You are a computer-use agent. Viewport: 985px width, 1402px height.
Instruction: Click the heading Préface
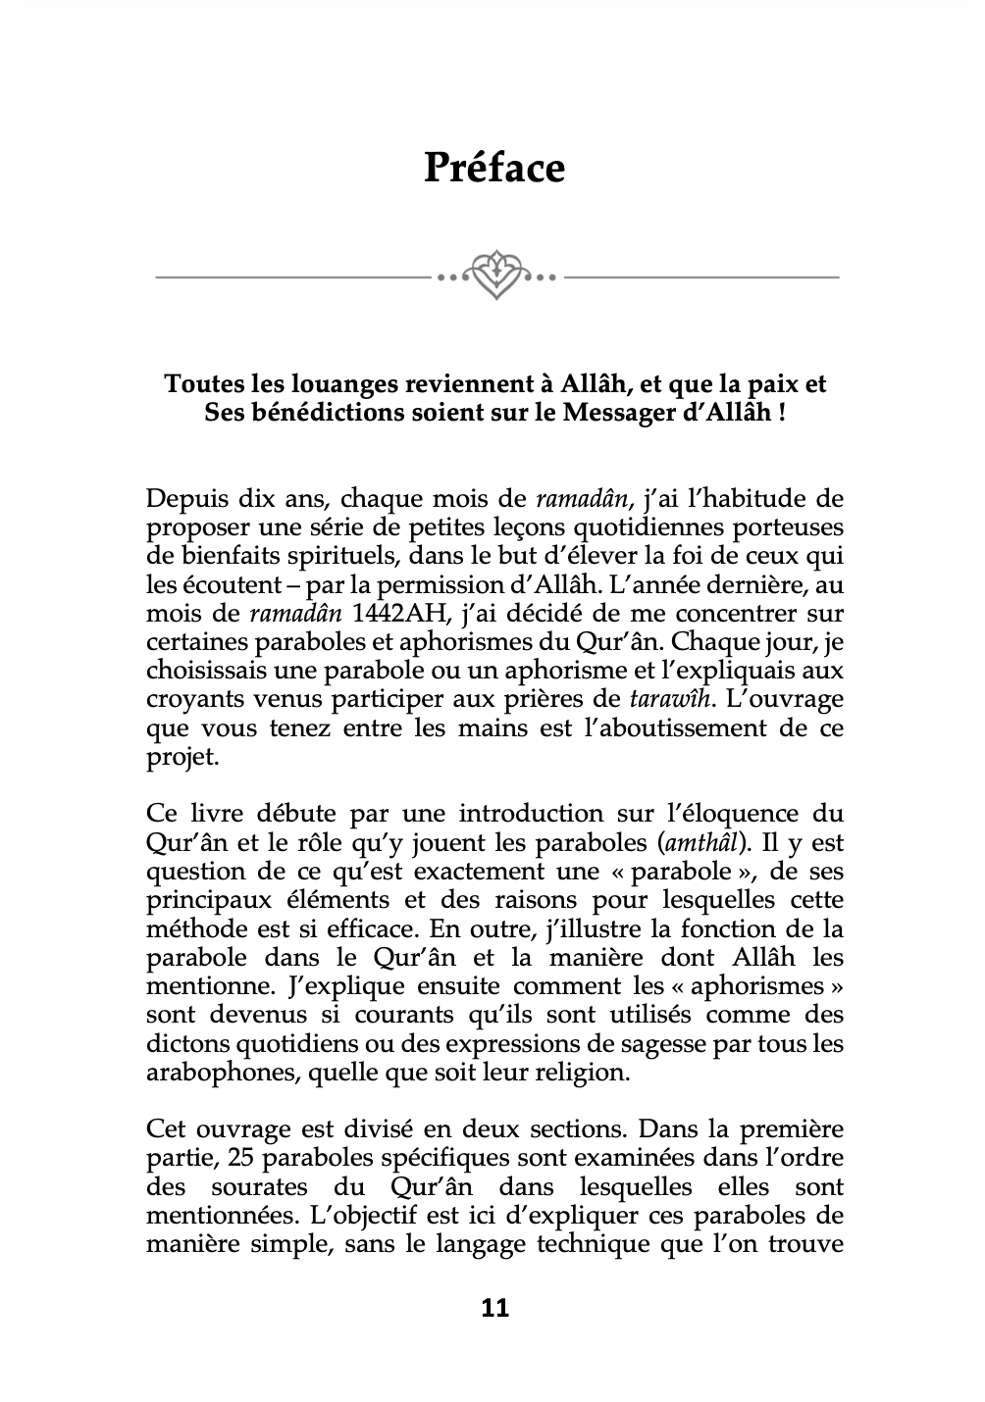point(494,168)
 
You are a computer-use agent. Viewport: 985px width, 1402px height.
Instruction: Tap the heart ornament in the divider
point(496,275)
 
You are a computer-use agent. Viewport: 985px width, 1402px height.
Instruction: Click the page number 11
point(495,1308)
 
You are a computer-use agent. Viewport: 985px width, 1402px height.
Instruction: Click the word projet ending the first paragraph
point(171,757)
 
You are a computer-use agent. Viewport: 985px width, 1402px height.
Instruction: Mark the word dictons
point(186,1043)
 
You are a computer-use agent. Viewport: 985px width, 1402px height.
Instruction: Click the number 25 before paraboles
point(239,1158)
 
